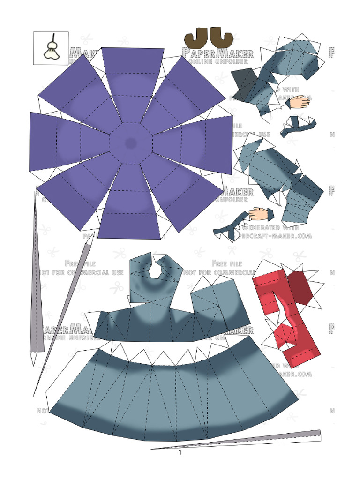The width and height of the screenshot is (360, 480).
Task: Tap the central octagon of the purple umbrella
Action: (x=130, y=143)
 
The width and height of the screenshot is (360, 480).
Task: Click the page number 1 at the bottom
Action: (x=180, y=453)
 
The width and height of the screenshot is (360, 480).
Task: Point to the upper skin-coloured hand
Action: (x=299, y=102)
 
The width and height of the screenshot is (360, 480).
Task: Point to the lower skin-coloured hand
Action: (x=260, y=214)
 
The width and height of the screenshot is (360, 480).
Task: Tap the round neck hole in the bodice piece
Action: (x=157, y=270)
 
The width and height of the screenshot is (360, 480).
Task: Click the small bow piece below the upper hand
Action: (x=297, y=126)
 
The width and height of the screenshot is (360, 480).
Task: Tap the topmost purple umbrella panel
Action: (x=132, y=70)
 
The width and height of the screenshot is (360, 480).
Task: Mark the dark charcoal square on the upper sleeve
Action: (x=245, y=84)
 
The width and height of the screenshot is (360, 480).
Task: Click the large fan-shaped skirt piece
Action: (x=173, y=396)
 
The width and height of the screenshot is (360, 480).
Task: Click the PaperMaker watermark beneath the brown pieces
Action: (x=217, y=52)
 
